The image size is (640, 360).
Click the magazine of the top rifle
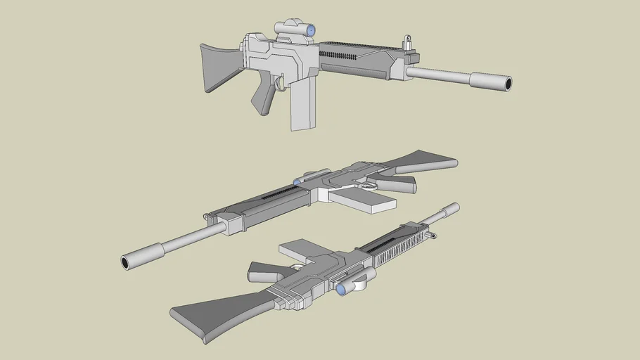pos(301,105)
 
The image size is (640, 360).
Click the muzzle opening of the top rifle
pos(507,84)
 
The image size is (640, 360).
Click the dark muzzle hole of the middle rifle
pos(126,263)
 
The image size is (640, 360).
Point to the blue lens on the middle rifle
pos(297,181)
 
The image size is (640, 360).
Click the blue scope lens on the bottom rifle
pos(341,289)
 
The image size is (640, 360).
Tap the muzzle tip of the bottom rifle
pos(454,207)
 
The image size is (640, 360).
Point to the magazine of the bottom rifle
pos(300,250)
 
